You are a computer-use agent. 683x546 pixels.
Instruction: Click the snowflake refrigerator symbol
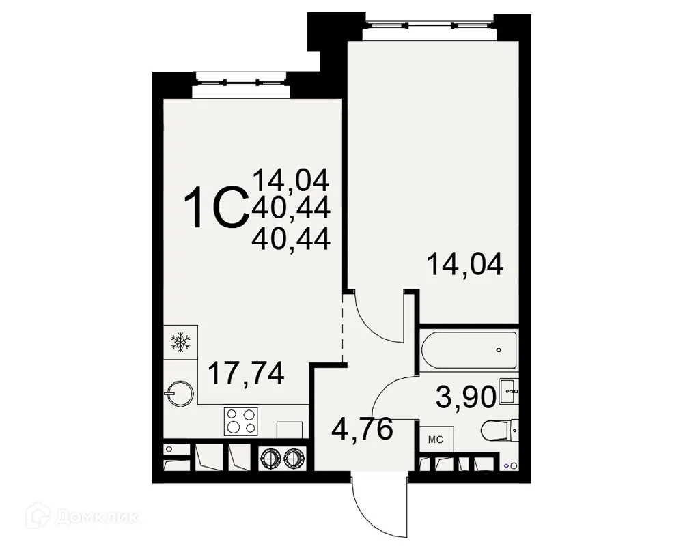click(180, 342)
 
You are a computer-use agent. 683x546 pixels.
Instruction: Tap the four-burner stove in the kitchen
click(240, 421)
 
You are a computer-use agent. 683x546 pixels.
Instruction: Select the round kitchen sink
click(180, 394)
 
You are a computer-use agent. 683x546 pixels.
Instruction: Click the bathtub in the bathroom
click(469, 349)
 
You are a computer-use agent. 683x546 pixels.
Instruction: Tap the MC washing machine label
click(436, 440)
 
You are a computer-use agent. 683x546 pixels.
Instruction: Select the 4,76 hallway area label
click(363, 429)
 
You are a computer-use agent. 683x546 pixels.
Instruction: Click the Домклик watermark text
click(98, 517)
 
